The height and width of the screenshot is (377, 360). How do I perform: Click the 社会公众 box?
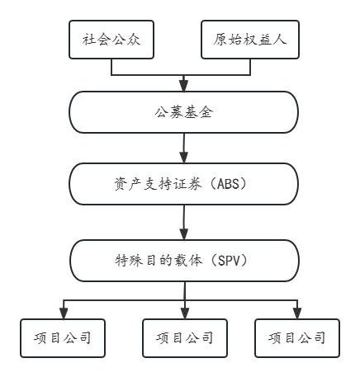[x=111, y=40]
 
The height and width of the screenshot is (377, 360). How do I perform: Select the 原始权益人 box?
[x=250, y=40]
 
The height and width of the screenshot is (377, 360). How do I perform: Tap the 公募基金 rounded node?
[x=183, y=112]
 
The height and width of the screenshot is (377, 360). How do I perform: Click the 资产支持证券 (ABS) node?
[x=183, y=184]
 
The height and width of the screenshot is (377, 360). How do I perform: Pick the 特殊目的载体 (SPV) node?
[x=184, y=261]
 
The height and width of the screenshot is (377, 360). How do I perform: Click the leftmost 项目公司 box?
[x=63, y=338]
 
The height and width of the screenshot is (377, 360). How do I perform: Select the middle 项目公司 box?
[x=185, y=338]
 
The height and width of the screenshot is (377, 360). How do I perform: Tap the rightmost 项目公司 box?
[x=297, y=338]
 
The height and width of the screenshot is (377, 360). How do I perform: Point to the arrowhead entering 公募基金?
[x=183, y=86]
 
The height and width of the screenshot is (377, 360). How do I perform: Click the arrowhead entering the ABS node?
[x=183, y=158]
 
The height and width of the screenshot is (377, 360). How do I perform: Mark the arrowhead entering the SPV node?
[x=184, y=234]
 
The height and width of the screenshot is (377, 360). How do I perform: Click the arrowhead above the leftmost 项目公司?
[x=64, y=313]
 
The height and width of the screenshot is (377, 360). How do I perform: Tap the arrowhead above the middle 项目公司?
[x=185, y=313]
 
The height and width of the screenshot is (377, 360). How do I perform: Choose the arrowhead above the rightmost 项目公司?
[x=297, y=313]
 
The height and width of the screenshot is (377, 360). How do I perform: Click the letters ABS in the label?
[x=228, y=184]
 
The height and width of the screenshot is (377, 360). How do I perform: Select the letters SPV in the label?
[x=229, y=261]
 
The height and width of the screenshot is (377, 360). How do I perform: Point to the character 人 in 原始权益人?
[x=280, y=40]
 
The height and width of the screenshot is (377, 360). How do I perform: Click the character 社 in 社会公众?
[x=89, y=40]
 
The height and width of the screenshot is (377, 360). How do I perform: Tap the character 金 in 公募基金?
[x=206, y=112]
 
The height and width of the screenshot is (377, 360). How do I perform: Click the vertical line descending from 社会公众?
[x=111, y=67]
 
